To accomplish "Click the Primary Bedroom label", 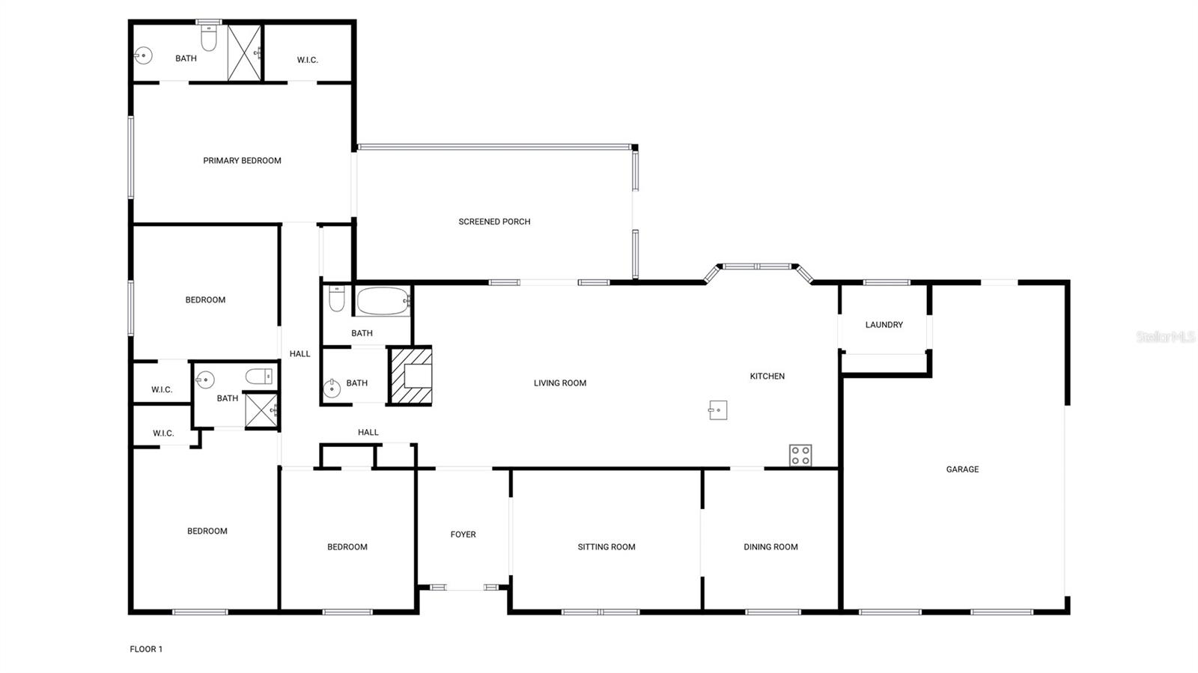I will [x=242, y=160].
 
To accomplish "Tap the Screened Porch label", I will [x=494, y=222].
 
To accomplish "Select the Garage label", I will [x=962, y=469].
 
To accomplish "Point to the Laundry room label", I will [x=884, y=325].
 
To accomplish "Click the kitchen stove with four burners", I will [x=800, y=455].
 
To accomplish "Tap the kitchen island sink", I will [x=718, y=409].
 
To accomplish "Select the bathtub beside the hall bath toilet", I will [x=383, y=301].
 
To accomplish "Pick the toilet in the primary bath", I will [x=208, y=38].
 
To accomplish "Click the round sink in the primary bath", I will [x=143, y=55].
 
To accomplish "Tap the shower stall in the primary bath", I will [x=244, y=52].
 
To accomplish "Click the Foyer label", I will [x=463, y=535].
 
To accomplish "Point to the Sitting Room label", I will [x=606, y=547].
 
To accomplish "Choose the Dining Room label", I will [x=770, y=547].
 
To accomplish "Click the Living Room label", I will [x=560, y=383].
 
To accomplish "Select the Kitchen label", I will [x=767, y=377].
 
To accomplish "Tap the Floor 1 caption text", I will [x=146, y=649].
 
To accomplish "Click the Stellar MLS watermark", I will [x=1165, y=338].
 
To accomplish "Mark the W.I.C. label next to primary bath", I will [x=307, y=60].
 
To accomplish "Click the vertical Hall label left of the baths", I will [x=299, y=354].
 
